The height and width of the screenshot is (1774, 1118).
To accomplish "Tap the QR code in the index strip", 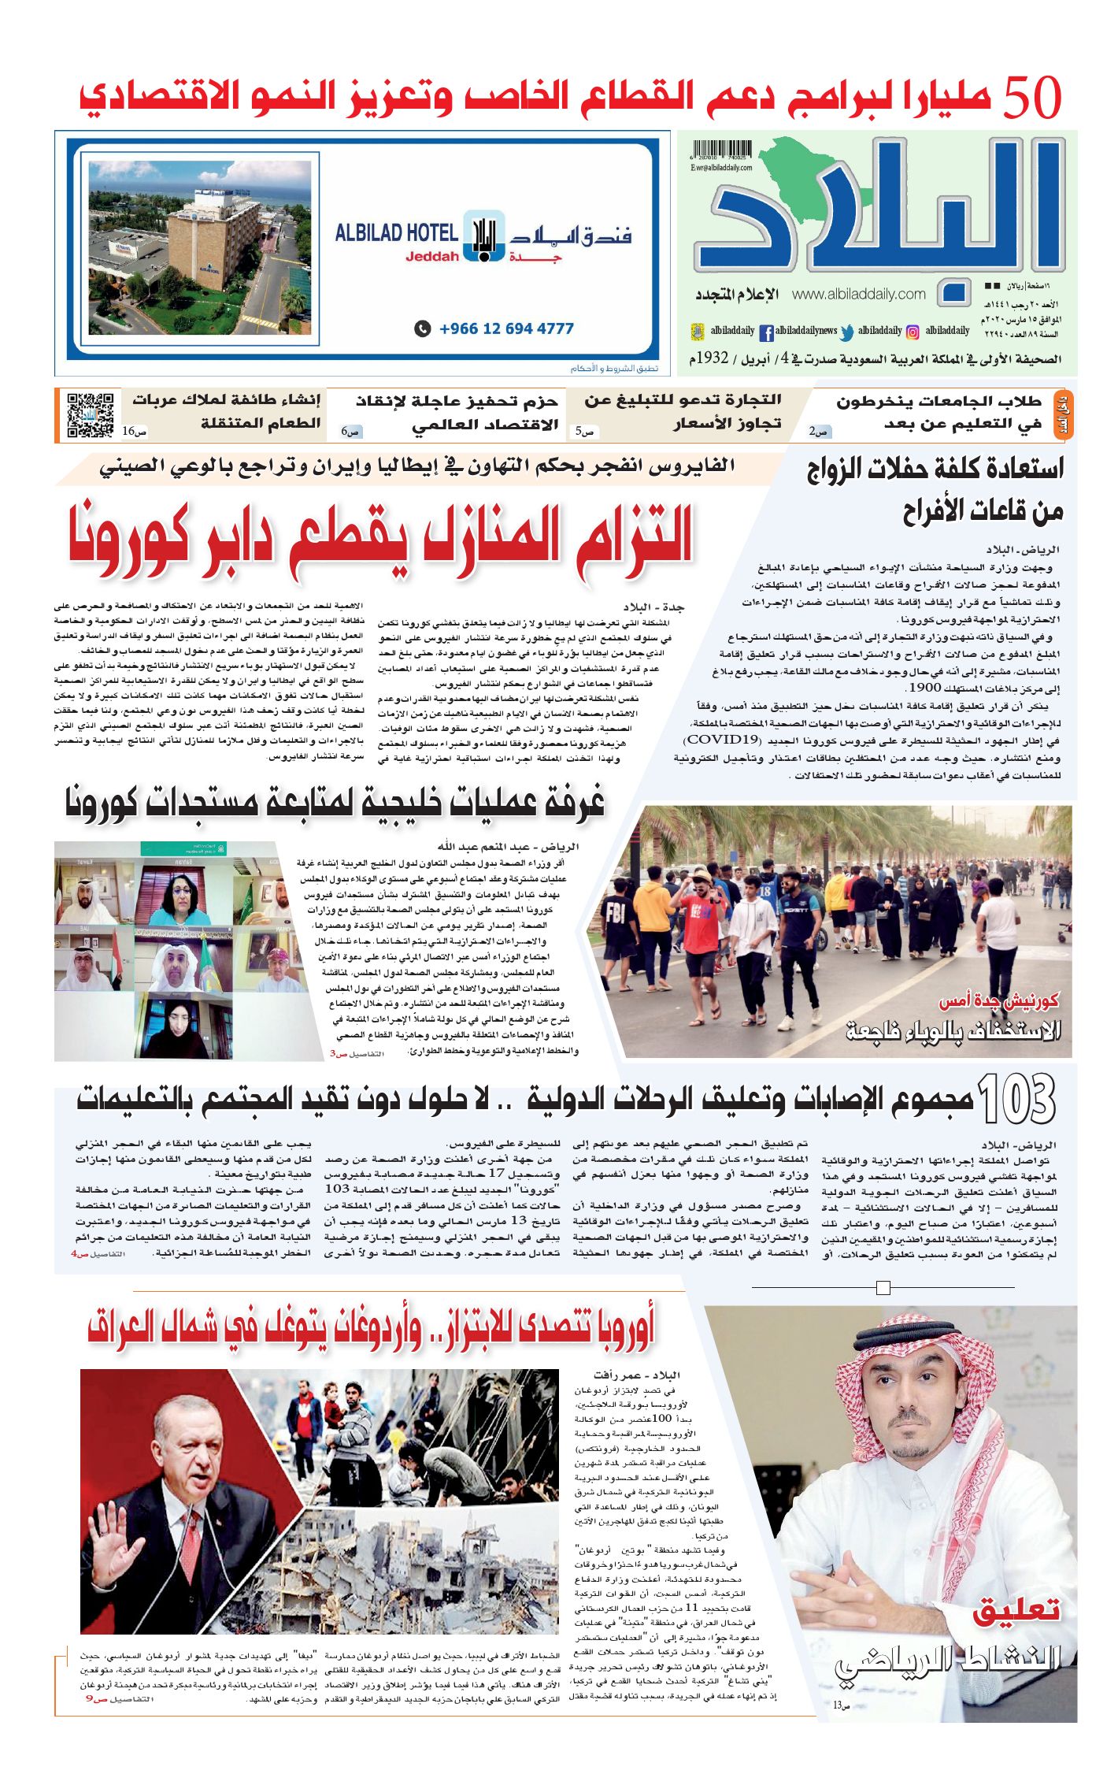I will [x=91, y=414].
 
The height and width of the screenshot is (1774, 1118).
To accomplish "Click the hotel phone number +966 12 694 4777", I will [x=505, y=328].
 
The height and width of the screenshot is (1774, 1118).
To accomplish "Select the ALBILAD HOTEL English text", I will [x=396, y=233].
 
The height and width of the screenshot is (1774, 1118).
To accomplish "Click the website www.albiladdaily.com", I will [x=858, y=294].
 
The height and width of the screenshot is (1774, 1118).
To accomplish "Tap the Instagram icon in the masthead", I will [x=913, y=332].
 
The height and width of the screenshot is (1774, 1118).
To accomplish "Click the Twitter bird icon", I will [x=847, y=332].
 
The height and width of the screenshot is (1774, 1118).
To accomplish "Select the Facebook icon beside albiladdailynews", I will [x=766, y=332].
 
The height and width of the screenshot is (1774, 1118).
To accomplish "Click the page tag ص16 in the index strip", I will [x=134, y=432].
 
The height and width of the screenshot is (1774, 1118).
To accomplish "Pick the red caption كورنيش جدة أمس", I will [x=998, y=1001].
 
